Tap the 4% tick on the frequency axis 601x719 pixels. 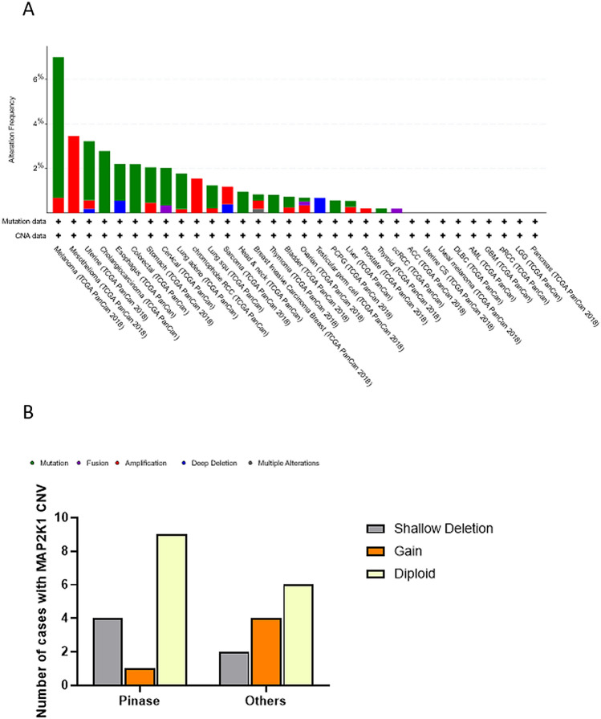pos(36,124)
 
